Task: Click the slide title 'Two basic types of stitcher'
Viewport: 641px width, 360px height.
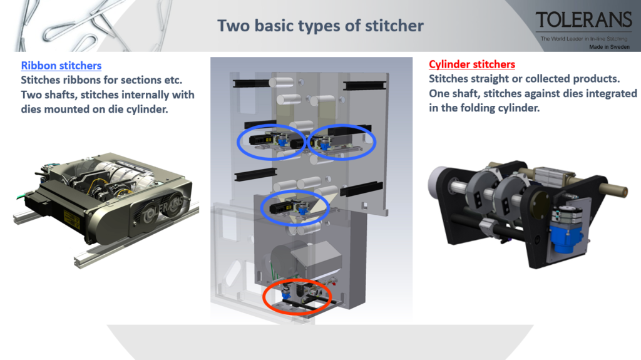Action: tap(320, 26)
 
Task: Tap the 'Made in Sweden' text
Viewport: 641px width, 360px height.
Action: tap(609, 47)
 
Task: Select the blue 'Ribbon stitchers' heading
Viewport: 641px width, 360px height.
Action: tap(61, 66)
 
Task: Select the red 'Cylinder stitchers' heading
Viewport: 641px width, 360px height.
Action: tap(472, 64)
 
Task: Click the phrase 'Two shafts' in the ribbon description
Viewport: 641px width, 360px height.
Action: tap(48, 95)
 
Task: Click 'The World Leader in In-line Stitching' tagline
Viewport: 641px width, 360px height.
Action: tap(583, 39)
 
